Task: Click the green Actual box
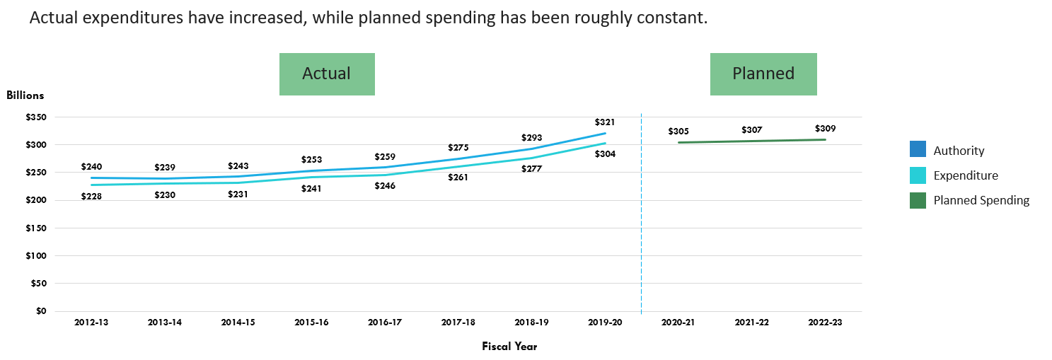point(327,74)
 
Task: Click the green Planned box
point(763,74)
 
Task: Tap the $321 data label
point(605,122)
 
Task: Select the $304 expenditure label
point(605,154)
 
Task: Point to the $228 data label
point(91,197)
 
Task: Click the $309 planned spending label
point(825,129)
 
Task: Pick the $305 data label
point(678,132)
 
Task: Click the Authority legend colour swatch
point(918,150)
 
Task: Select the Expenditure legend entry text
point(966,175)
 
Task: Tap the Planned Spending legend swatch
point(918,201)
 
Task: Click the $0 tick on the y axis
point(41,311)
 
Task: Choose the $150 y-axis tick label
point(36,228)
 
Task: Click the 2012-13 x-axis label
point(92,323)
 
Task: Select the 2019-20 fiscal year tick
point(605,323)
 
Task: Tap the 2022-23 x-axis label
point(825,323)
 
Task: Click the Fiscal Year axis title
point(509,347)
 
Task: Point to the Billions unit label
point(25,95)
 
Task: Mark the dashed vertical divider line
point(641,212)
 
